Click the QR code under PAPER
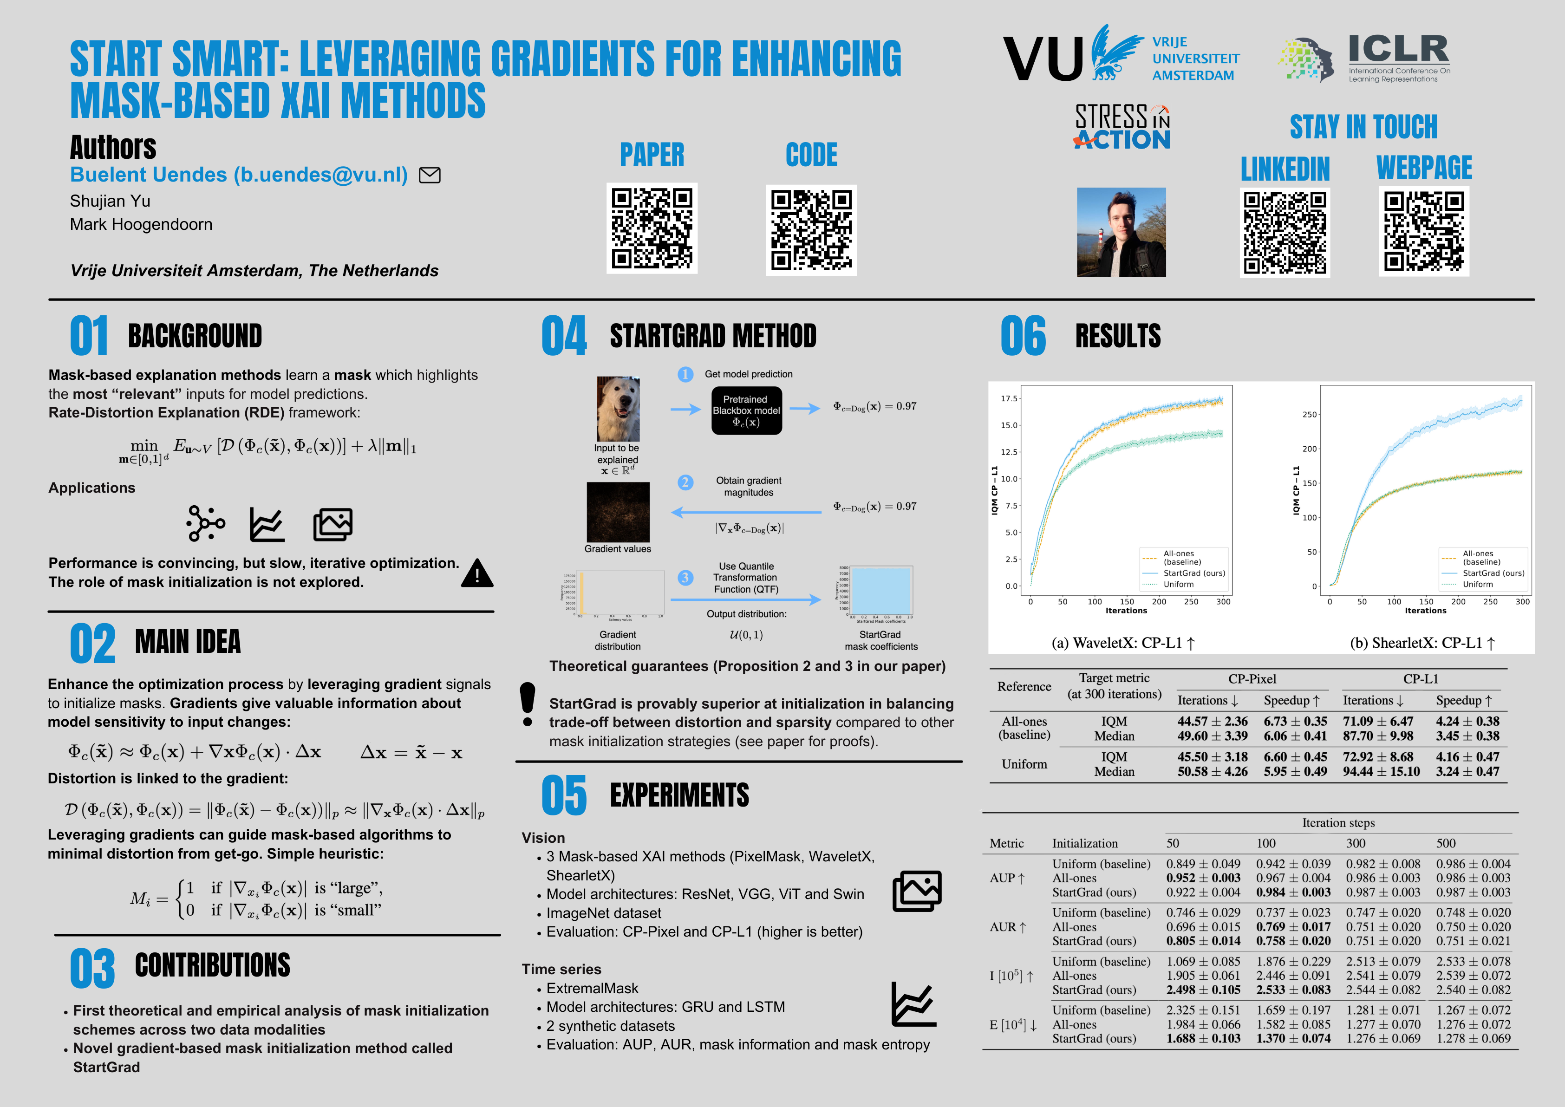click(x=652, y=228)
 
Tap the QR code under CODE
click(x=811, y=230)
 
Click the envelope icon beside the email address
click(x=430, y=175)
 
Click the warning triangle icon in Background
click(x=477, y=573)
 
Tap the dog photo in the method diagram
click(x=618, y=409)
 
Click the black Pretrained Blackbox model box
click(x=746, y=410)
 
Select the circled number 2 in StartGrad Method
click(x=685, y=482)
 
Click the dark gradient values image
click(x=618, y=512)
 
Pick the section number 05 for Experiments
click(x=564, y=795)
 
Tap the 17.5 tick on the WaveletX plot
click(x=1009, y=399)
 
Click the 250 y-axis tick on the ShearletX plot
click(x=1310, y=415)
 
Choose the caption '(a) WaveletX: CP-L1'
click(x=1122, y=643)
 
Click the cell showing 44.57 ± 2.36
click(x=1212, y=721)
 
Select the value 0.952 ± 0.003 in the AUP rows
click(x=1203, y=878)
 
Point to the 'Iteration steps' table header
click(x=1338, y=823)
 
